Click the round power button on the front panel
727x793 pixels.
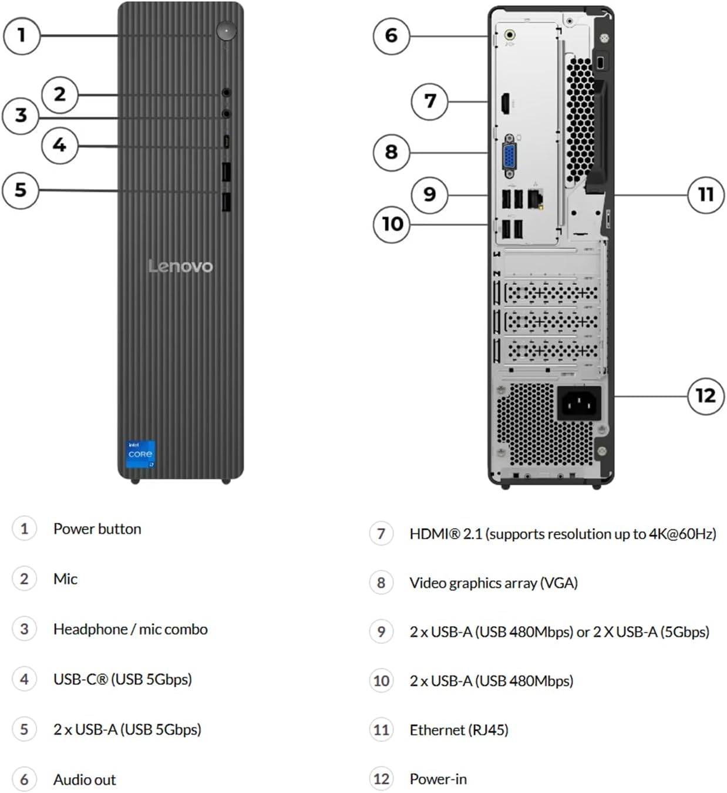pos(227,31)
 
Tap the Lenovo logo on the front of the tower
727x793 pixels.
pos(181,266)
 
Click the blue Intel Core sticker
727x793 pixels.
pos(140,454)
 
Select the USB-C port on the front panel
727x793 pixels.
pos(226,142)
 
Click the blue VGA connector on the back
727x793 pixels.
pos(510,156)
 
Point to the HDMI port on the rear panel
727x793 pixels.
pos(505,104)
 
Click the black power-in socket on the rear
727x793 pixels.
pos(579,403)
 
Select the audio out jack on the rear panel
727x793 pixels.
pos(510,35)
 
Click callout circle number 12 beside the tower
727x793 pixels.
pos(706,396)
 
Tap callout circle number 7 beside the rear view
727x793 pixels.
pos(430,102)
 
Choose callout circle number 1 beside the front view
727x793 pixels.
pos(22,36)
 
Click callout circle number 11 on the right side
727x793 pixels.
pos(706,195)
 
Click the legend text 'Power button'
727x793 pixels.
pos(97,529)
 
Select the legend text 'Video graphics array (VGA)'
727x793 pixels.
pos(494,583)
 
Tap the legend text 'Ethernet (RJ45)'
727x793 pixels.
pos(459,730)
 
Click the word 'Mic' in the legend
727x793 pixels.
pos(65,579)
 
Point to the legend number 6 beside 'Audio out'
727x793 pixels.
pos(24,779)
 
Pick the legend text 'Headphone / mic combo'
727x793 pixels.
pos(130,629)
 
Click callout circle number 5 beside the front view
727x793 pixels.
pos(21,190)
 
